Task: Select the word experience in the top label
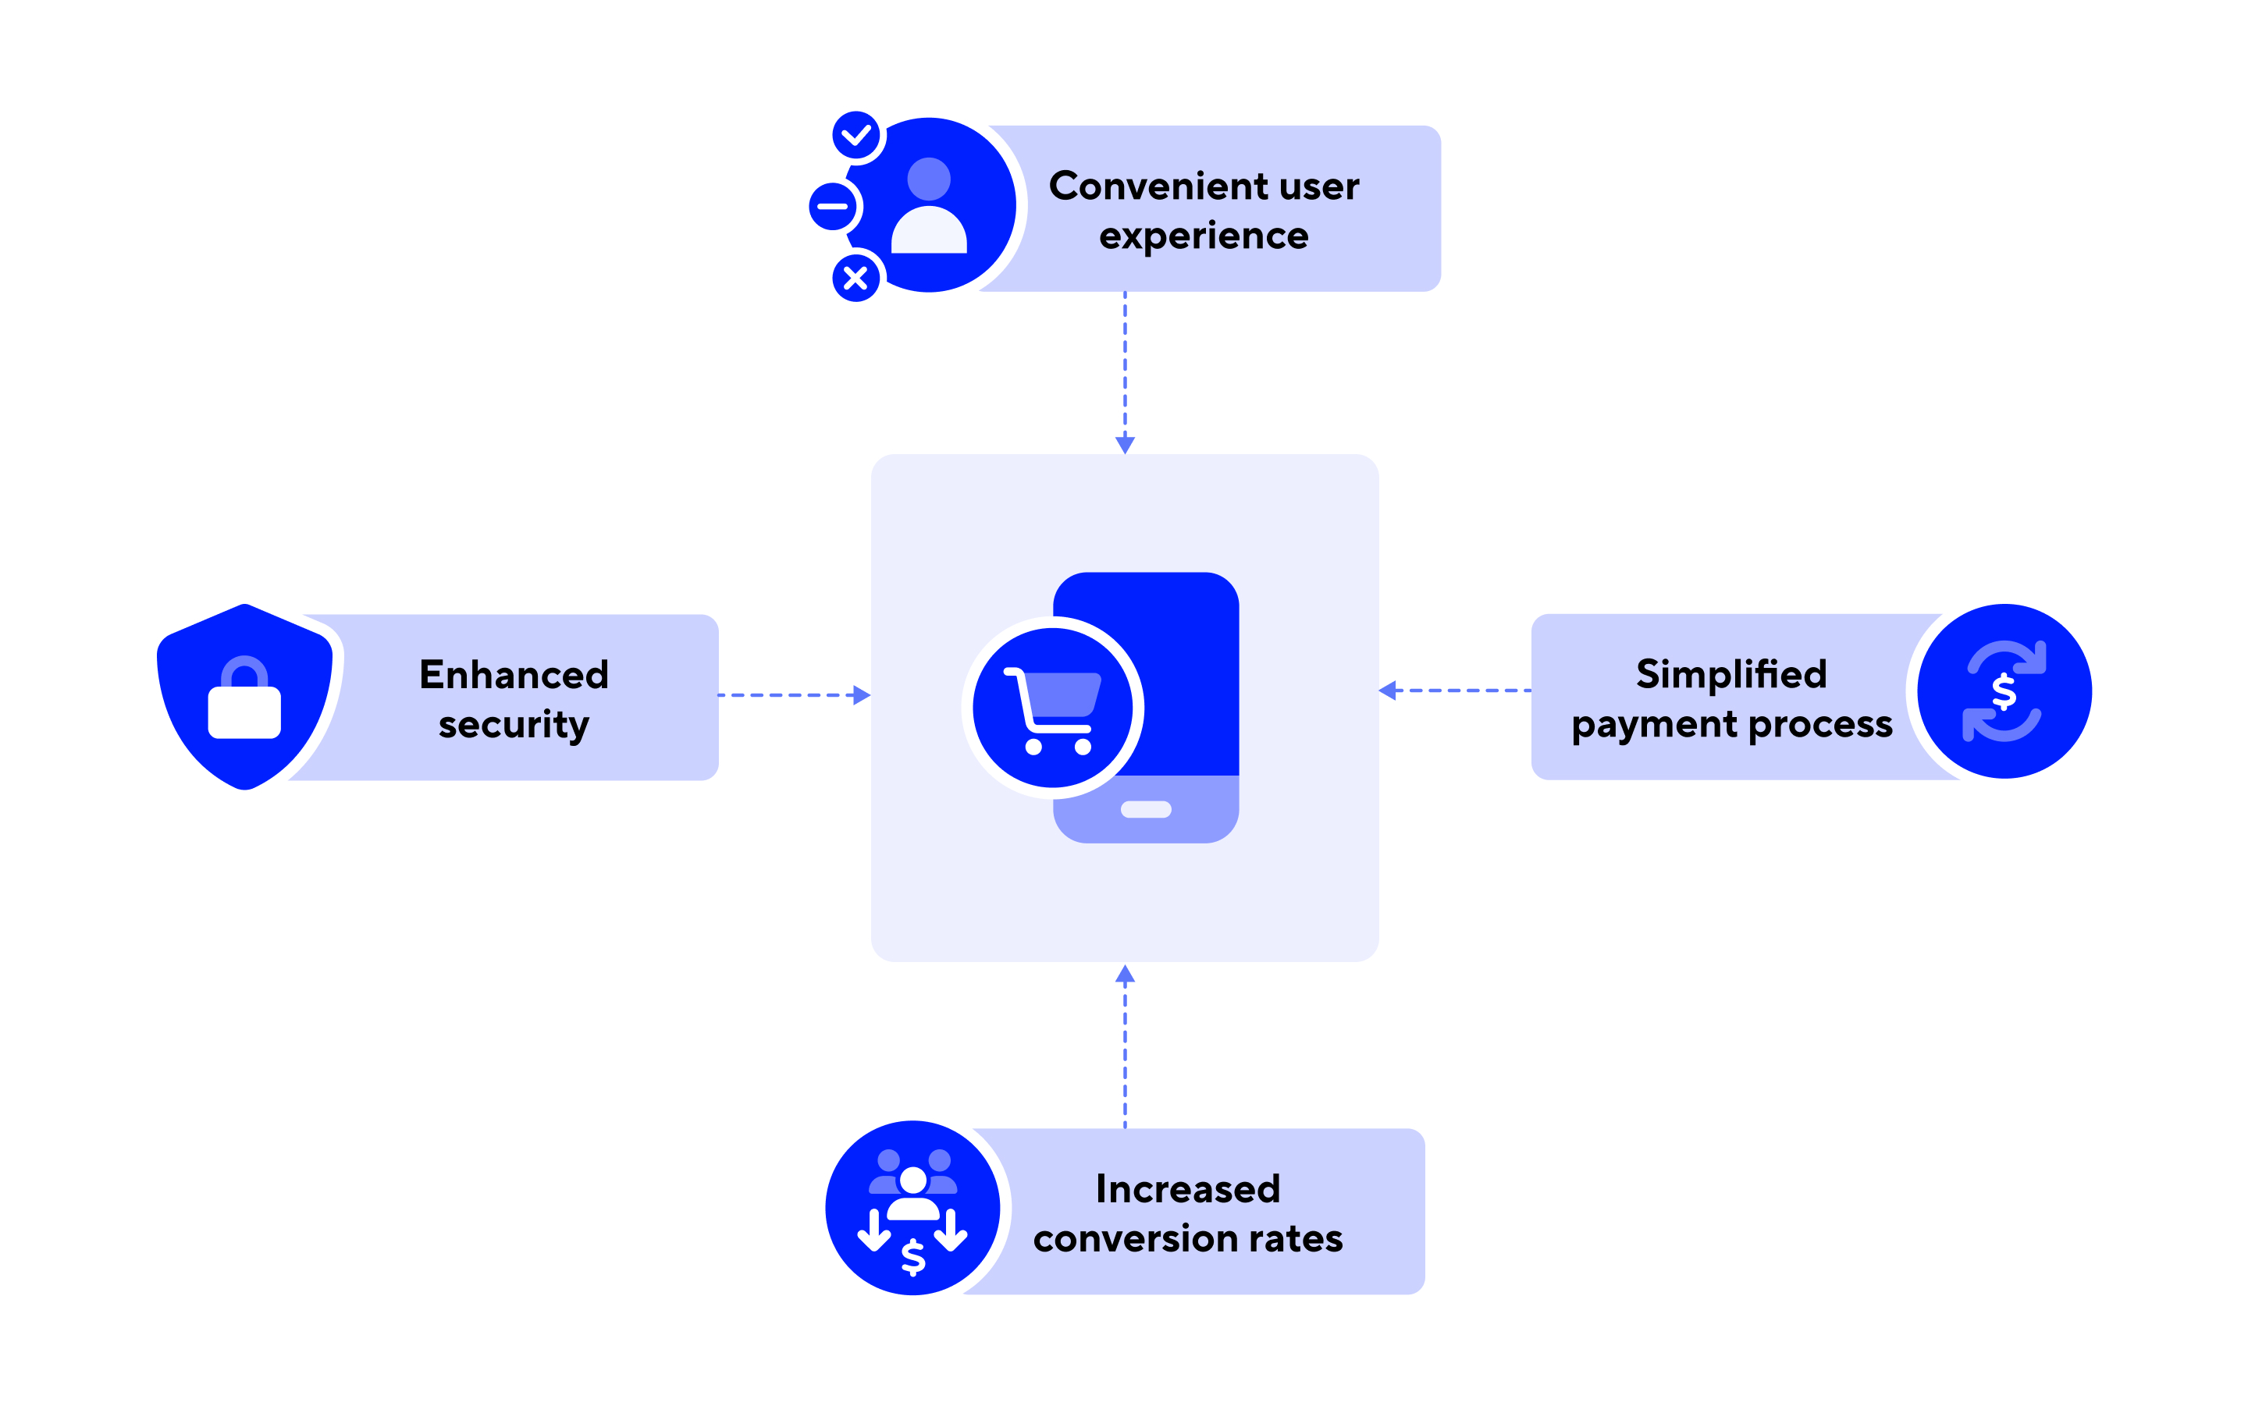(x=1204, y=237)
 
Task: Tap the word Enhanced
(x=514, y=675)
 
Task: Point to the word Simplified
(x=1730, y=674)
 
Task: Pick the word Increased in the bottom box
(x=1188, y=1189)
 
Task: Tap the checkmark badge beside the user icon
(x=855, y=136)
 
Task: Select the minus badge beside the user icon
(x=832, y=207)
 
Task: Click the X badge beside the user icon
(x=855, y=278)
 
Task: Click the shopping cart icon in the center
(x=1053, y=708)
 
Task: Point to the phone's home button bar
(x=1146, y=809)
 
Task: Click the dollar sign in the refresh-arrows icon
(x=2004, y=691)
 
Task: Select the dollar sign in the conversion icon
(x=913, y=1256)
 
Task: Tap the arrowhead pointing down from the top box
(x=1125, y=445)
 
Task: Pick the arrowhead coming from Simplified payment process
(x=1388, y=690)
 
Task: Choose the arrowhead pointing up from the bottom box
(x=1125, y=975)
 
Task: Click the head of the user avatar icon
(x=928, y=179)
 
